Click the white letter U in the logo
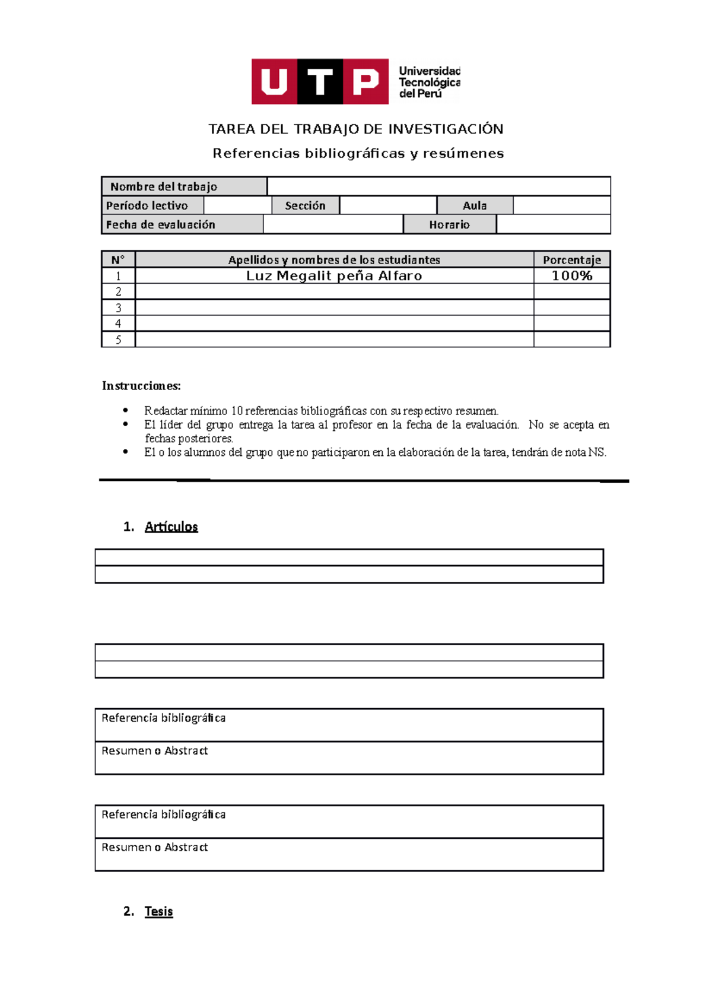pos(274,82)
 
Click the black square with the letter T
pos(320,82)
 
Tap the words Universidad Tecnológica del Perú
pos(429,82)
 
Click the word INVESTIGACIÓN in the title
pos(446,129)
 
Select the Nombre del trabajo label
pos(164,186)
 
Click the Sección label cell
pos(305,205)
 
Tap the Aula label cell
pos(475,205)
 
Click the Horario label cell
pos(449,224)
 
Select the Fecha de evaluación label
pos(161,224)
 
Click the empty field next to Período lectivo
pos(237,205)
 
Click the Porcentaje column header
pos(572,259)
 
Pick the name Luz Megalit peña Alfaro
pos(334,275)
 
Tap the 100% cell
pos(572,275)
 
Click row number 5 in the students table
pos(118,340)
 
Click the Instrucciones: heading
pos(141,386)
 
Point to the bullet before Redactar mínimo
pos(125,410)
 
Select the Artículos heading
pos(171,527)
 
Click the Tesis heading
pos(158,911)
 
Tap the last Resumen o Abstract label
pos(154,847)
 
